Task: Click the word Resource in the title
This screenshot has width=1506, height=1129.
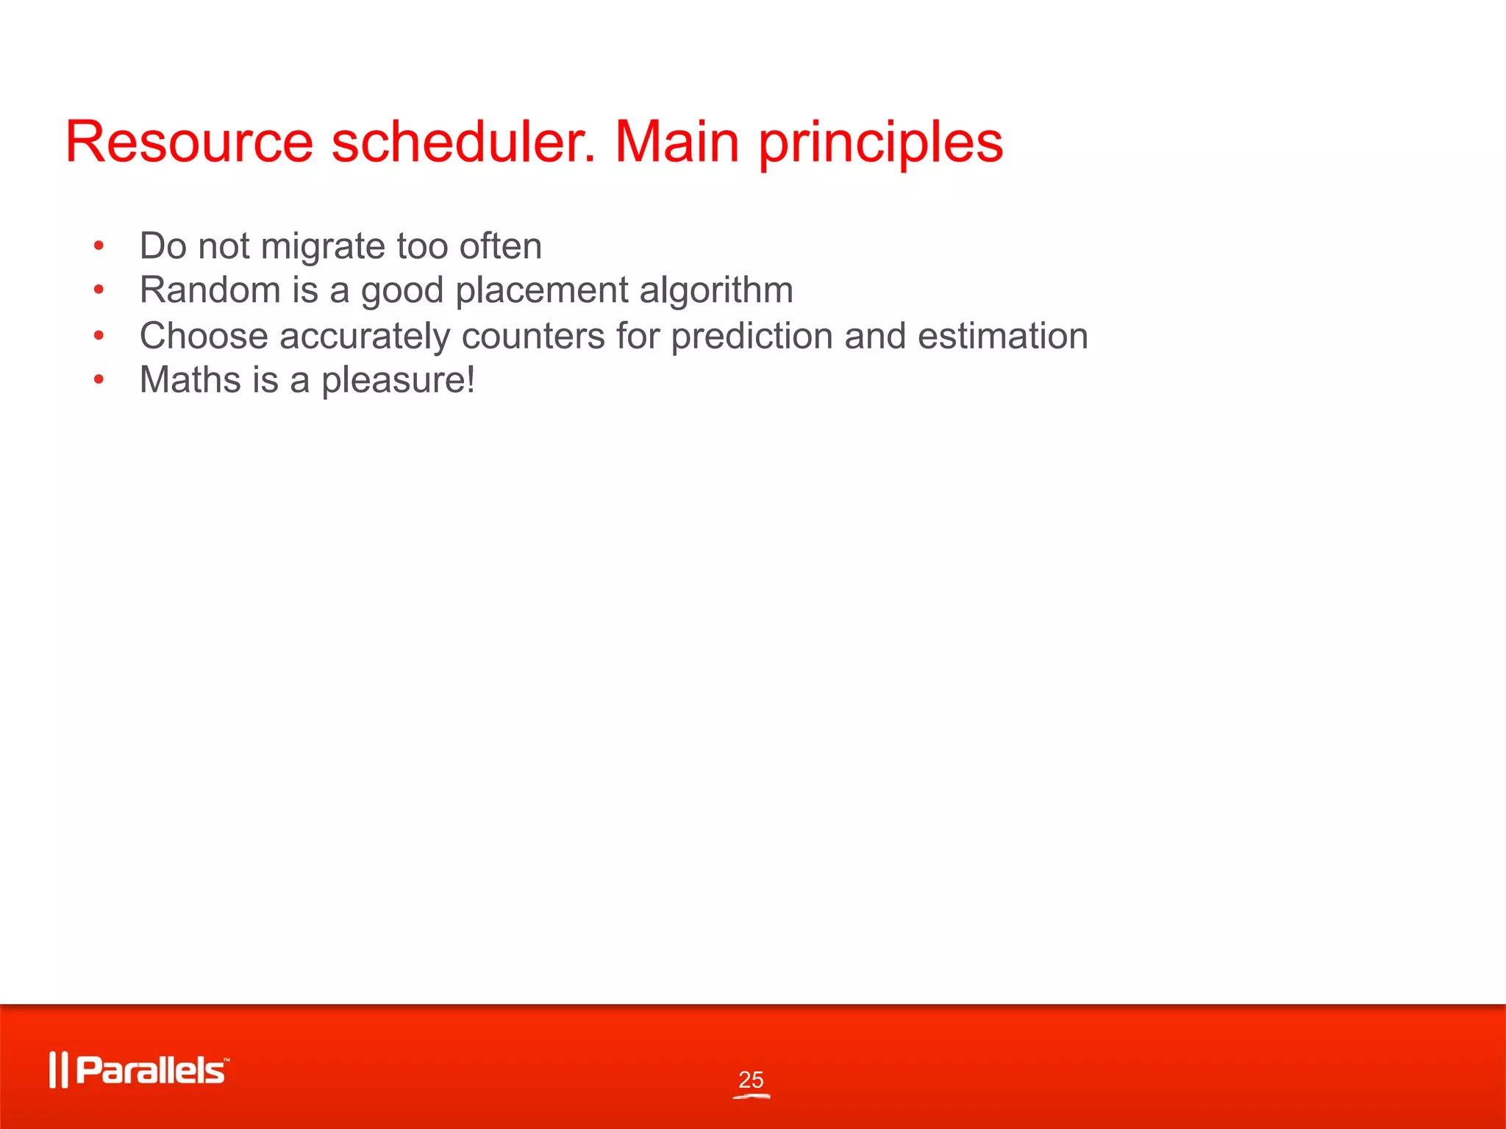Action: point(189,142)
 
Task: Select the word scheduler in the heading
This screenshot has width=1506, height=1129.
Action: point(463,142)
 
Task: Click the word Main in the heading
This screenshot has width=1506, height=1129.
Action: point(677,142)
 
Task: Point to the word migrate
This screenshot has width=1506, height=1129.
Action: point(323,247)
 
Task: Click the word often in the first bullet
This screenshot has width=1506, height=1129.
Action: point(500,245)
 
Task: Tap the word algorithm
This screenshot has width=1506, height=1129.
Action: point(716,291)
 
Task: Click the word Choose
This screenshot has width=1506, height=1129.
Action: point(204,336)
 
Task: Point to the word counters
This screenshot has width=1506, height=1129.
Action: point(532,336)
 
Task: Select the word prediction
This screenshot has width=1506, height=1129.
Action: point(752,336)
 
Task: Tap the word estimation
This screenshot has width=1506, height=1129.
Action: point(1002,336)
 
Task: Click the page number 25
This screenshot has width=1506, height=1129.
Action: point(751,1080)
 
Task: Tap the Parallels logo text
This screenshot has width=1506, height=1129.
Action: point(151,1070)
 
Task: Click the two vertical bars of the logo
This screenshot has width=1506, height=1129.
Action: point(58,1070)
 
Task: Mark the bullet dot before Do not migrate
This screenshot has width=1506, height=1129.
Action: point(99,246)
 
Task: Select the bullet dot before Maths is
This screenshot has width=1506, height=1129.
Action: point(99,380)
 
